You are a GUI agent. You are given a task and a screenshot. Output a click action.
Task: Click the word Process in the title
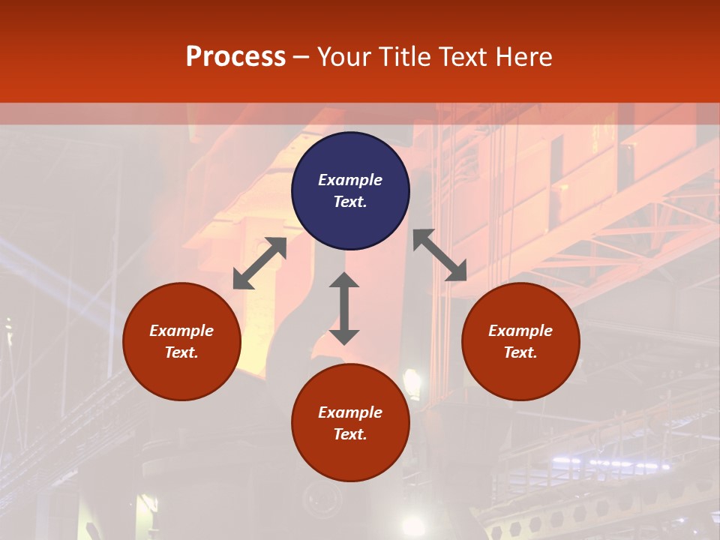coord(235,57)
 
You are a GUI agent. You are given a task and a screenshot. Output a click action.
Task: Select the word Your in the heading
coord(344,57)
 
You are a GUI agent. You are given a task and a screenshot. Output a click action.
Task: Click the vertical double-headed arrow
coord(344,308)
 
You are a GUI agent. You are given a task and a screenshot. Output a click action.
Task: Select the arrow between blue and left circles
coord(259,263)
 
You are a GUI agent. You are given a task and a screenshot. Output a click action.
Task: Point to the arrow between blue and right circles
coord(440,256)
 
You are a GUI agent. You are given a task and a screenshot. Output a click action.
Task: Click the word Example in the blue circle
coord(350,180)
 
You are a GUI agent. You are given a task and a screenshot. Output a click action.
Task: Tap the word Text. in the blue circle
coord(350,202)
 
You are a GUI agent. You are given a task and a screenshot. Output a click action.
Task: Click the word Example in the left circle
coord(181,331)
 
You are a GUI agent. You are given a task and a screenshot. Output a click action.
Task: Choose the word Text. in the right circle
coord(520,352)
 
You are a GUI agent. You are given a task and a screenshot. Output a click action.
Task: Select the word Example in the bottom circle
coord(350,412)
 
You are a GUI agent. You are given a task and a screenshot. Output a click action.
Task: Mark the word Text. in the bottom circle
coord(350,434)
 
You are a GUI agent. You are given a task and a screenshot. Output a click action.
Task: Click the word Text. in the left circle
coord(181,352)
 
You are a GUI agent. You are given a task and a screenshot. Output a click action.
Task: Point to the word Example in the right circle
coord(520,331)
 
